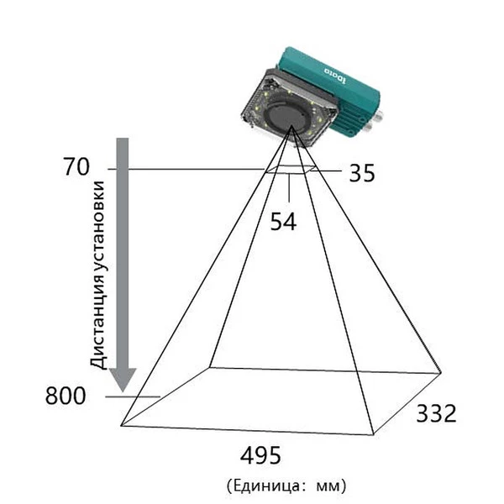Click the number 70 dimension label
click(x=76, y=166)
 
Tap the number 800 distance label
click(x=66, y=396)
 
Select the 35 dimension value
click(x=362, y=173)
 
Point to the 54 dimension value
click(x=283, y=222)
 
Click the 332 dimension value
click(x=436, y=413)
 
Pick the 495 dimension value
click(x=260, y=455)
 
